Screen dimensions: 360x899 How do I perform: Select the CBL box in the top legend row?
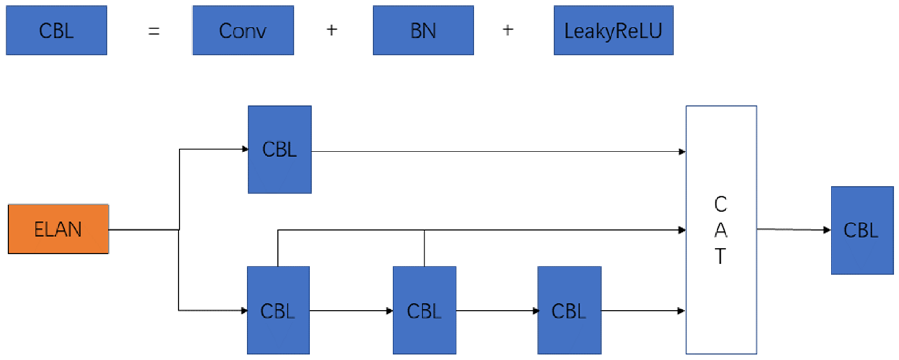click(x=56, y=30)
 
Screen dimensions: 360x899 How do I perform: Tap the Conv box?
click(x=243, y=30)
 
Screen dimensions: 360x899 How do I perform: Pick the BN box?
click(x=423, y=30)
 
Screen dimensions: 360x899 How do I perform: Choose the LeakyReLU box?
click(x=613, y=30)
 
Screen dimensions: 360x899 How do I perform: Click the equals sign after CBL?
click(x=154, y=31)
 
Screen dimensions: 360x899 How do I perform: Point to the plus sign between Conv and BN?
click(x=331, y=30)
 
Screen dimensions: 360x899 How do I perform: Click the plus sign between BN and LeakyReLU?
click(x=508, y=30)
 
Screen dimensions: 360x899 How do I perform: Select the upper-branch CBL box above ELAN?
click(x=280, y=149)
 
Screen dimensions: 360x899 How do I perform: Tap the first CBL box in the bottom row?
click(x=278, y=310)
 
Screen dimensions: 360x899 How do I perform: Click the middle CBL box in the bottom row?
click(x=424, y=310)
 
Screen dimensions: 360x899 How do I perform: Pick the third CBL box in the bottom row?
click(x=569, y=310)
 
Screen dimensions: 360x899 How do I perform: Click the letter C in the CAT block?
click(x=721, y=205)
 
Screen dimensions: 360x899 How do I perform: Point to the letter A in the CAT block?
click(x=721, y=231)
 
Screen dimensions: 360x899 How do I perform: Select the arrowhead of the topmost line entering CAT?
click(x=682, y=152)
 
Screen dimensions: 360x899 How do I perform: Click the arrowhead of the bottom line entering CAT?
click(x=681, y=311)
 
